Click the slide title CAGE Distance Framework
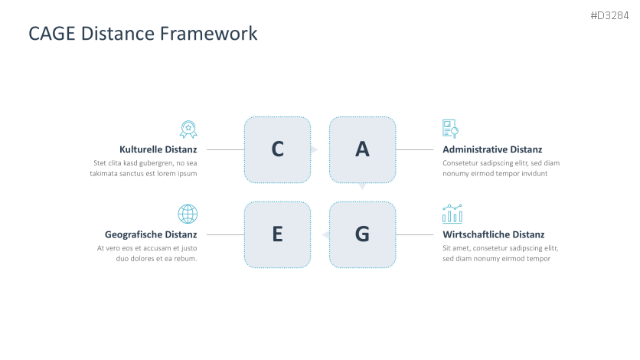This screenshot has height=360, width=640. pyautogui.click(x=142, y=34)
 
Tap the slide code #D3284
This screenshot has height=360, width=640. pyautogui.click(x=609, y=16)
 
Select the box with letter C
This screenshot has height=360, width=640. pyautogui.click(x=277, y=149)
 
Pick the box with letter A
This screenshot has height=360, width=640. pyautogui.click(x=362, y=149)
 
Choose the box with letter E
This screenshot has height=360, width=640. pyautogui.click(x=277, y=234)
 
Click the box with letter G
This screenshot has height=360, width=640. pyautogui.click(x=362, y=234)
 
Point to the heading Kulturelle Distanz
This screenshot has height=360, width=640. pyautogui.click(x=158, y=149)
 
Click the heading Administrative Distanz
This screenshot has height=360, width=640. pyautogui.click(x=492, y=149)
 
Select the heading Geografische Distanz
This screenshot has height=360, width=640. pyautogui.click(x=151, y=234)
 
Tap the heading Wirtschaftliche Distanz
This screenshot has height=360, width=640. pyautogui.click(x=493, y=234)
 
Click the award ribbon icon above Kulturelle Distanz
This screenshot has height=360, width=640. pyautogui.click(x=188, y=129)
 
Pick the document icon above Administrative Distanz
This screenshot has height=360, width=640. pyautogui.click(x=450, y=129)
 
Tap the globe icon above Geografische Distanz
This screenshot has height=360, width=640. pyautogui.click(x=188, y=214)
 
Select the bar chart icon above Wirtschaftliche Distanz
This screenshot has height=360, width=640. pyautogui.click(x=452, y=213)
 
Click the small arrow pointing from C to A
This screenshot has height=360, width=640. pyautogui.click(x=314, y=149)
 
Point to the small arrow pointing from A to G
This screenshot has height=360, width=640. pyautogui.click(x=362, y=186)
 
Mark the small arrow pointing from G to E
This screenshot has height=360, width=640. pyautogui.click(x=325, y=234)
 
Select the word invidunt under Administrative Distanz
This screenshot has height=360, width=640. pyautogui.click(x=534, y=174)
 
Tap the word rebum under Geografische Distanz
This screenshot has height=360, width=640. pyautogui.click(x=185, y=259)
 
